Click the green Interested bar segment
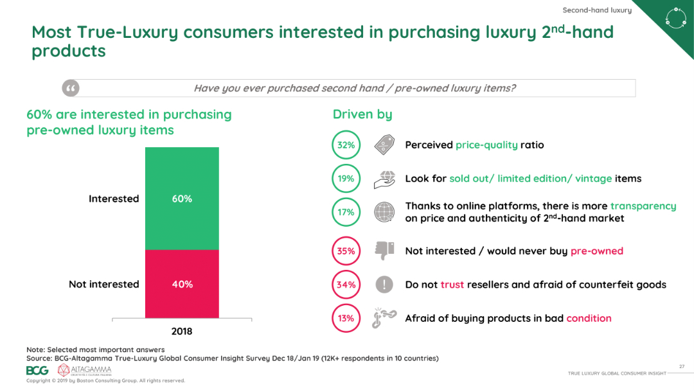182,199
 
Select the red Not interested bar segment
182,284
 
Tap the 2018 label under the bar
182,332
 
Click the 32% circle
346,145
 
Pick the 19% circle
346,179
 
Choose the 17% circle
346,212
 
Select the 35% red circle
346,251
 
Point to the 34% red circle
346,285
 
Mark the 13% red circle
346,318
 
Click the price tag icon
384,145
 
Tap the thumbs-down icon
384,251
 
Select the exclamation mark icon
384,285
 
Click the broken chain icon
384,318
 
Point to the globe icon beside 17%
384,212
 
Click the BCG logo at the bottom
37,370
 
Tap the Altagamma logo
84,370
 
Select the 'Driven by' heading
362,114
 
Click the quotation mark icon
71,88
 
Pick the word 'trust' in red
452,285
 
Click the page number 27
681,366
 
